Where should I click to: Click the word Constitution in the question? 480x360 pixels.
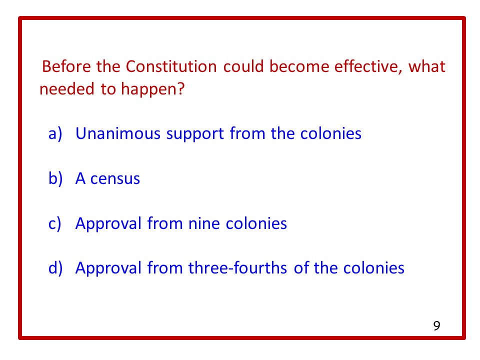(171, 66)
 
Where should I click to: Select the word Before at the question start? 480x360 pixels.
(66, 66)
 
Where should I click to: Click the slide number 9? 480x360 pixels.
(436, 326)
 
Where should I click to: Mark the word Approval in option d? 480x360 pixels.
(108, 268)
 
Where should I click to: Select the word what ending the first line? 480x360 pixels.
(427, 66)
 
